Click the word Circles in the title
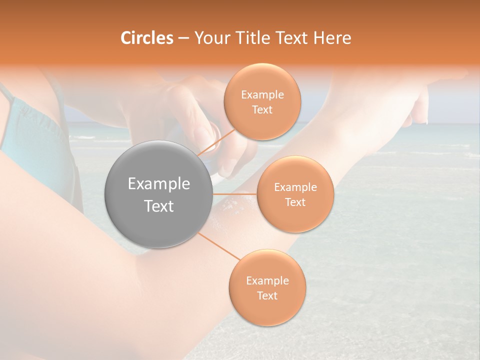147,38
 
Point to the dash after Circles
183,38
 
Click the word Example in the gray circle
159,184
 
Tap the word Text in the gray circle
159,206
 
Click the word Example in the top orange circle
262,95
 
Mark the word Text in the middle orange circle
295,202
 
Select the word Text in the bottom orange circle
267,295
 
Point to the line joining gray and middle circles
235,193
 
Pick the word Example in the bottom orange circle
267,281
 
